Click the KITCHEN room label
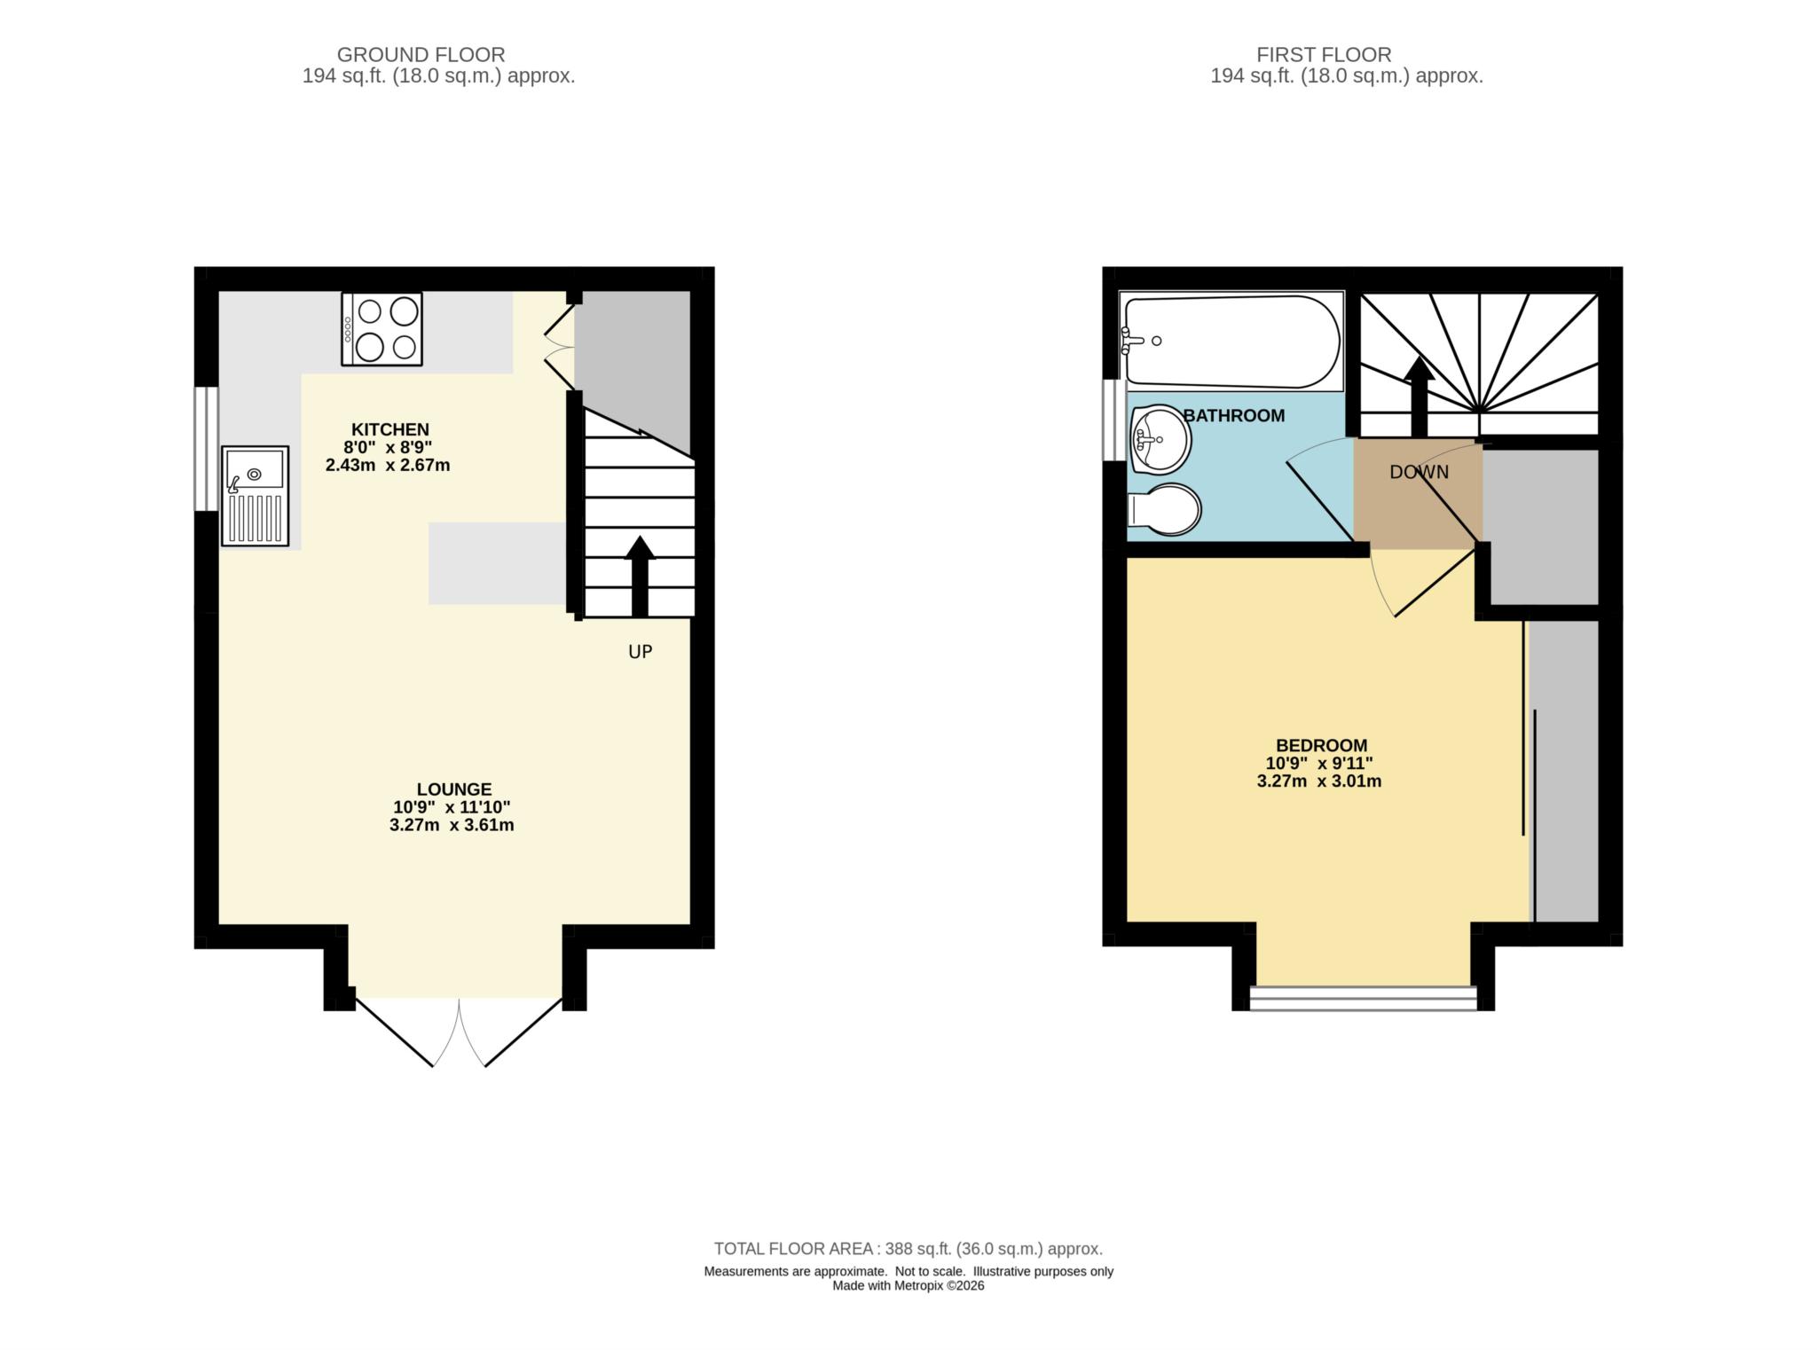tap(389, 429)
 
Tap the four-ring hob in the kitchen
tap(381, 329)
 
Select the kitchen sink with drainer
tap(256, 496)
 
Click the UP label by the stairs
tap(640, 652)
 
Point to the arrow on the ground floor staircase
tap(640, 576)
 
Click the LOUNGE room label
tap(453, 789)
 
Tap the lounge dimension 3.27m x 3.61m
tap(452, 825)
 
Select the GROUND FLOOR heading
tap(421, 55)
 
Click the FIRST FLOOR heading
tap(1323, 55)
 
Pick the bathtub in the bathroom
tap(1232, 341)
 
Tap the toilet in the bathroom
tap(1166, 509)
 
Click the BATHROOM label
tap(1233, 415)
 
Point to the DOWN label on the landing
tap(1419, 472)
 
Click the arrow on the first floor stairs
tap(1419, 395)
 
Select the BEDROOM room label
tap(1321, 745)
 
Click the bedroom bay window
tap(1363, 998)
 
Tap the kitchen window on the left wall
tap(207, 448)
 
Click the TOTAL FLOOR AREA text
tap(908, 1249)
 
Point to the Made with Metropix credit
tap(908, 1285)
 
